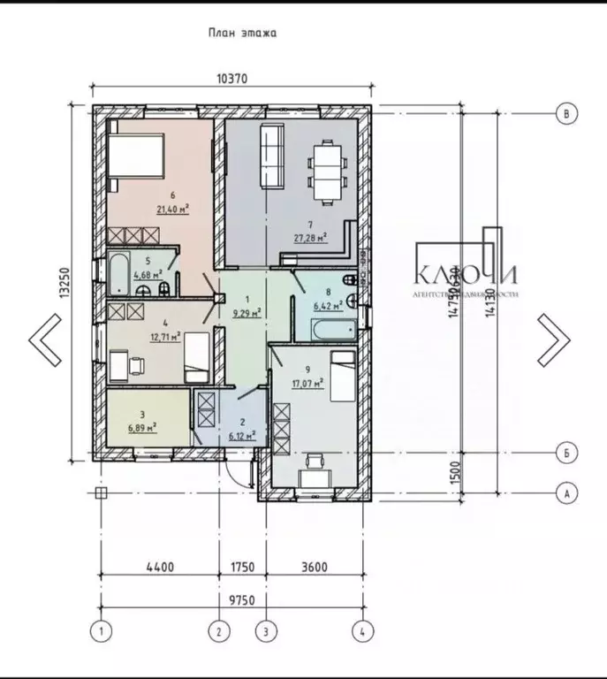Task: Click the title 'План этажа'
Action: point(243,34)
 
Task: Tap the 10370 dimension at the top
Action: point(231,78)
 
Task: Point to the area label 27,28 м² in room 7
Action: point(310,237)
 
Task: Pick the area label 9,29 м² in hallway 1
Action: point(245,312)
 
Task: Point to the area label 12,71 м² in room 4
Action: point(164,336)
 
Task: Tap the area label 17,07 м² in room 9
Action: point(308,384)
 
